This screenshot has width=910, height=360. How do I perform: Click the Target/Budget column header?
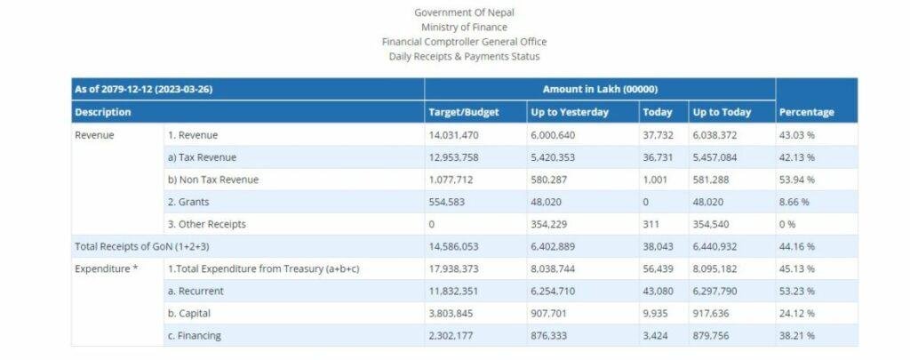[x=463, y=113]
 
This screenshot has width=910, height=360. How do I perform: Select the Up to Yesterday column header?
[x=570, y=113]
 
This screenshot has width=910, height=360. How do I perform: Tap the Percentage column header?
[x=806, y=113]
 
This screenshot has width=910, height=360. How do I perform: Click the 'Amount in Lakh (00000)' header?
[x=600, y=90]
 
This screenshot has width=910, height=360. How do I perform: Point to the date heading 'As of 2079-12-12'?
[x=143, y=90]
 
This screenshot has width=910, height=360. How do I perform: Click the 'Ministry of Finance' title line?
[x=464, y=28]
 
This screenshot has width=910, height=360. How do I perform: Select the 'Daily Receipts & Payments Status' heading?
[x=464, y=56]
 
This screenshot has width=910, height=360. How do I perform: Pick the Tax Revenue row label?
[x=202, y=157]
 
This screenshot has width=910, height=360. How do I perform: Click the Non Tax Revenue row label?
[x=213, y=180]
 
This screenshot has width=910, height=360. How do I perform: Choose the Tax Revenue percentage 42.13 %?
[x=796, y=157]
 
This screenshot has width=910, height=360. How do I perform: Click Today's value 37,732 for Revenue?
[x=657, y=135]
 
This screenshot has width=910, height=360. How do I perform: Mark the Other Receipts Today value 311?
[x=650, y=224]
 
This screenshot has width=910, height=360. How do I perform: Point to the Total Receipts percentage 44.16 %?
[x=796, y=246]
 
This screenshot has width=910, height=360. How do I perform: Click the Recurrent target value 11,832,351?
[x=454, y=291]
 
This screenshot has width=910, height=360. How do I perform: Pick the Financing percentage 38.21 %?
[x=796, y=336]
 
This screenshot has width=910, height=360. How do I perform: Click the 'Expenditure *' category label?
[x=106, y=268]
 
